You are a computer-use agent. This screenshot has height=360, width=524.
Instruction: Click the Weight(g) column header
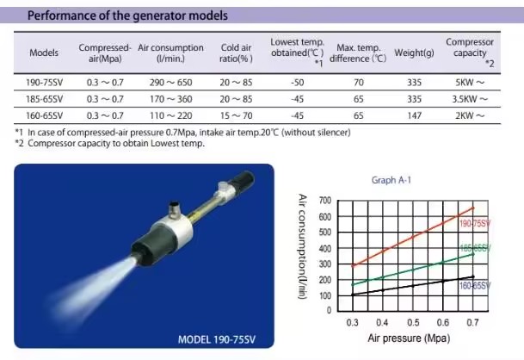point(414,53)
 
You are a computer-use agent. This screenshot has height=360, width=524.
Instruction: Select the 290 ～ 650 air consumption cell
point(170,83)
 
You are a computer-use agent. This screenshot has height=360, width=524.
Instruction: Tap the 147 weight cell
point(414,115)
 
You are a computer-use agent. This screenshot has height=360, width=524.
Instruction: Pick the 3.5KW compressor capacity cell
point(470,99)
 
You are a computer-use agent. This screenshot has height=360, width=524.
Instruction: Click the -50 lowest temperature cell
point(297,83)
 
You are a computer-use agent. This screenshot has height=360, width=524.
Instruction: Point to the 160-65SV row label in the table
point(44,115)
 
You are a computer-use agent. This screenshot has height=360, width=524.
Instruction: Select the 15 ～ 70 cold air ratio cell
point(236,115)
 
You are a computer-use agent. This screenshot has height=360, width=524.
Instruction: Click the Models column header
point(44,53)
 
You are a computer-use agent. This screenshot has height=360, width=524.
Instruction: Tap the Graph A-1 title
point(391,180)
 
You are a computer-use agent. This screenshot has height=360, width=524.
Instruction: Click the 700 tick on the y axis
point(325,201)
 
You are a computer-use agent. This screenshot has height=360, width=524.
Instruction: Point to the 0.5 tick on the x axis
point(413,322)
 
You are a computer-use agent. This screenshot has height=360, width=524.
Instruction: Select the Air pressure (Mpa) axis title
point(409,338)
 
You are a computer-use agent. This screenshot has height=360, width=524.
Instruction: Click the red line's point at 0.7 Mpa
point(473,208)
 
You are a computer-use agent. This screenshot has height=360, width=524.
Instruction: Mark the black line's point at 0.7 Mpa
point(473,276)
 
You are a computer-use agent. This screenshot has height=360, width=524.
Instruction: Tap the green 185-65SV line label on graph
point(475,248)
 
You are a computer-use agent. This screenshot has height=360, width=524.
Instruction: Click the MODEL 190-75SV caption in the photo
point(217,339)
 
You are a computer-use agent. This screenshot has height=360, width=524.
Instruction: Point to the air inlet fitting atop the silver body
point(174,208)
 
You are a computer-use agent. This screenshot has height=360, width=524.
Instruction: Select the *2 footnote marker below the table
point(19,143)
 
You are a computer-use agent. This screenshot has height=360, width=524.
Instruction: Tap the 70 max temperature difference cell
point(358,83)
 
